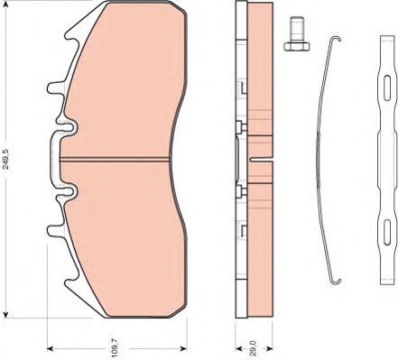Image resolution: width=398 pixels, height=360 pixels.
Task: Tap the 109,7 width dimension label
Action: coord(115,348)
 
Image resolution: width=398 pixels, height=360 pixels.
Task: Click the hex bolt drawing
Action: coord(296,33)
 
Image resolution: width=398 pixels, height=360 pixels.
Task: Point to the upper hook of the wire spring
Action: coord(336,39)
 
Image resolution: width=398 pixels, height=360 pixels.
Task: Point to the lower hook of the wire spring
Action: coord(336,281)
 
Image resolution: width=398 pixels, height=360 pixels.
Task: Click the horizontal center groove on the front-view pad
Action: coord(116,160)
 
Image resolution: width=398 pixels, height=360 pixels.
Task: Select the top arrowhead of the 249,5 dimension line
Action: coord(5,3)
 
